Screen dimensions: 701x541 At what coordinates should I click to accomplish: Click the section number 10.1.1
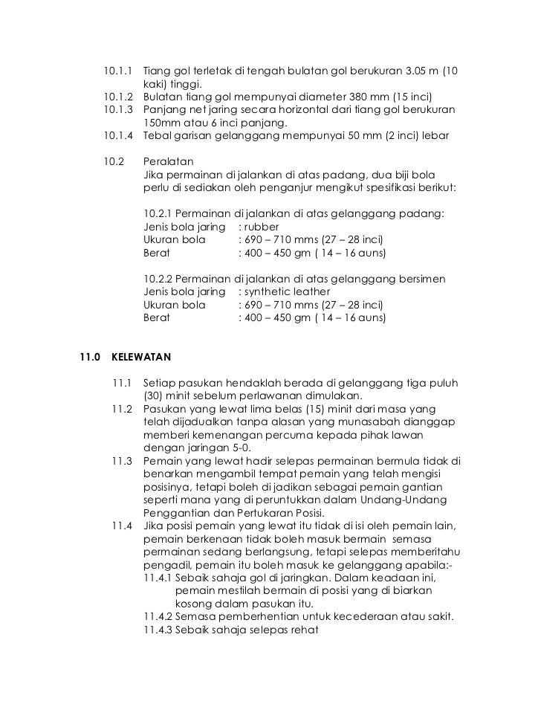pyautogui.click(x=118, y=72)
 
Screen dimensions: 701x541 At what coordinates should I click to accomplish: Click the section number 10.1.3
pyautogui.click(x=118, y=110)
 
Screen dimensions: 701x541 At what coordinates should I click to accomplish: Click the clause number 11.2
pyautogui.click(x=121, y=410)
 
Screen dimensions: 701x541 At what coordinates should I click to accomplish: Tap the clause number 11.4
pyautogui.click(x=121, y=526)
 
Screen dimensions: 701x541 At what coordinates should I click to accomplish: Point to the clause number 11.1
pyautogui.click(x=121, y=383)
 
